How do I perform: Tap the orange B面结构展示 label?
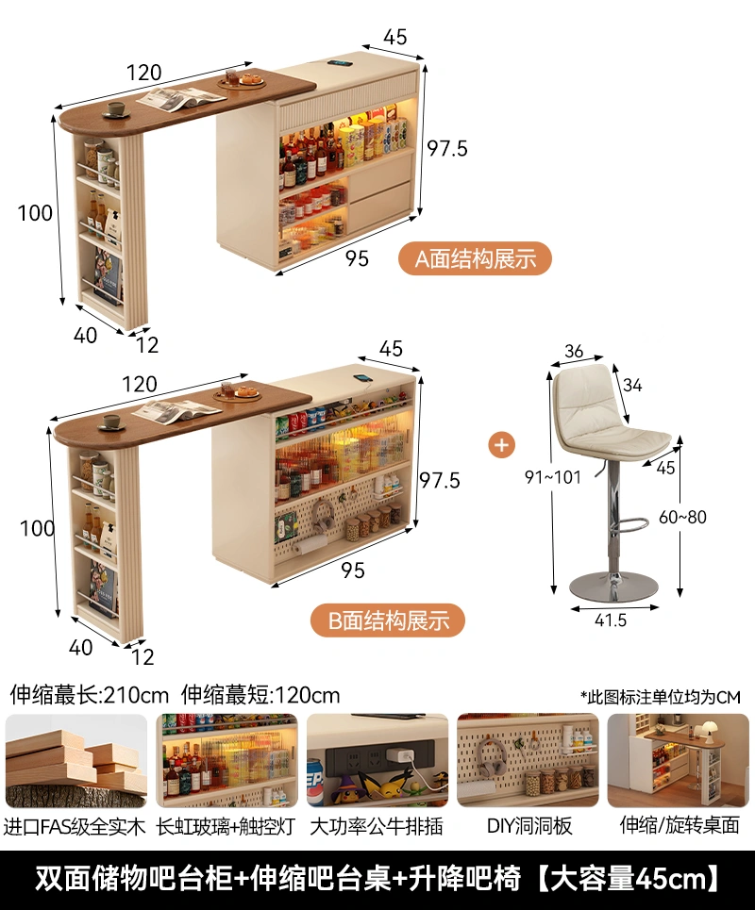point(388,620)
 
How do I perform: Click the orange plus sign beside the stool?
point(503,444)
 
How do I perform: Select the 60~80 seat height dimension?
point(682,517)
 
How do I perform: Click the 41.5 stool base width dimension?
point(609,620)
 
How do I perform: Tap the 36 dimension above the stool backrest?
point(574,352)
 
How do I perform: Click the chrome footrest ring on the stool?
point(624,521)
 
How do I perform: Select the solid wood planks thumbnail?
point(76,760)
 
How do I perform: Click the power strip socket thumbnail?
point(377,760)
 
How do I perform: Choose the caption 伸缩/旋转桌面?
point(678,825)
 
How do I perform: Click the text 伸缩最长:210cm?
point(89,696)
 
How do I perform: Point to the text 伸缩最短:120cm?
point(260,696)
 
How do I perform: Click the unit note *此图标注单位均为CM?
point(661,697)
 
